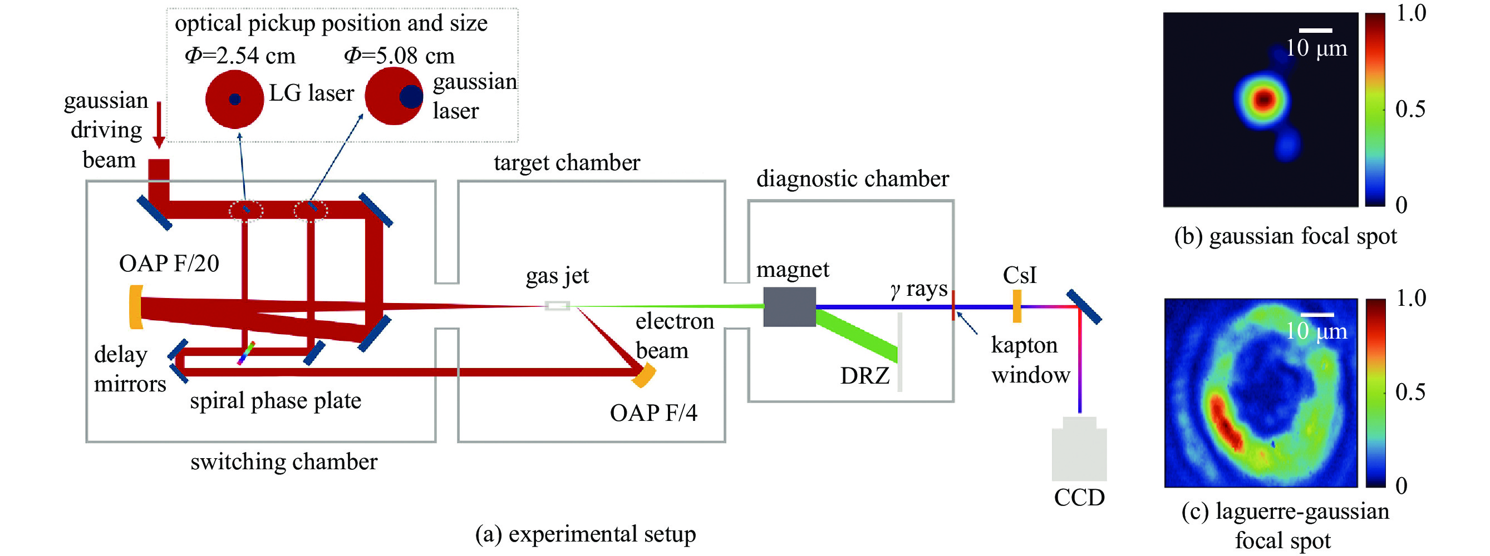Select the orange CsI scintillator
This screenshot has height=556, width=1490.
click(x=1017, y=306)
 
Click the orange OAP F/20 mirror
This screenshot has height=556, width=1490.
click(x=136, y=307)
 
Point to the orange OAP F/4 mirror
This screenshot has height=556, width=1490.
click(x=645, y=375)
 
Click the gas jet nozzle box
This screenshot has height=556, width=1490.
click(x=558, y=306)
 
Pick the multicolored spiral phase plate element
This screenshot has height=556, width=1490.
click(x=246, y=353)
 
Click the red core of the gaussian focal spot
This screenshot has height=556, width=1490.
click(x=1264, y=100)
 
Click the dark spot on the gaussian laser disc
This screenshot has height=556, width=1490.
click(x=411, y=97)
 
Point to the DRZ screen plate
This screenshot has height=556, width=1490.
click(x=899, y=352)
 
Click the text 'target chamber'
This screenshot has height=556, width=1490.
click(x=566, y=162)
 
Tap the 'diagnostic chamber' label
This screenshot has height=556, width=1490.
click(x=852, y=178)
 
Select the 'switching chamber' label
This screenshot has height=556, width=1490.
click(x=283, y=462)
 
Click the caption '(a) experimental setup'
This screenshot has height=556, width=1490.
click(x=585, y=533)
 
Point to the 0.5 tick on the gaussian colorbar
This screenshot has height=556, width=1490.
click(x=1410, y=108)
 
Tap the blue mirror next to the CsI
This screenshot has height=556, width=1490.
click(x=1084, y=307)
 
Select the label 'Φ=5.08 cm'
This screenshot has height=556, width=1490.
click(x=399, y=56)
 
